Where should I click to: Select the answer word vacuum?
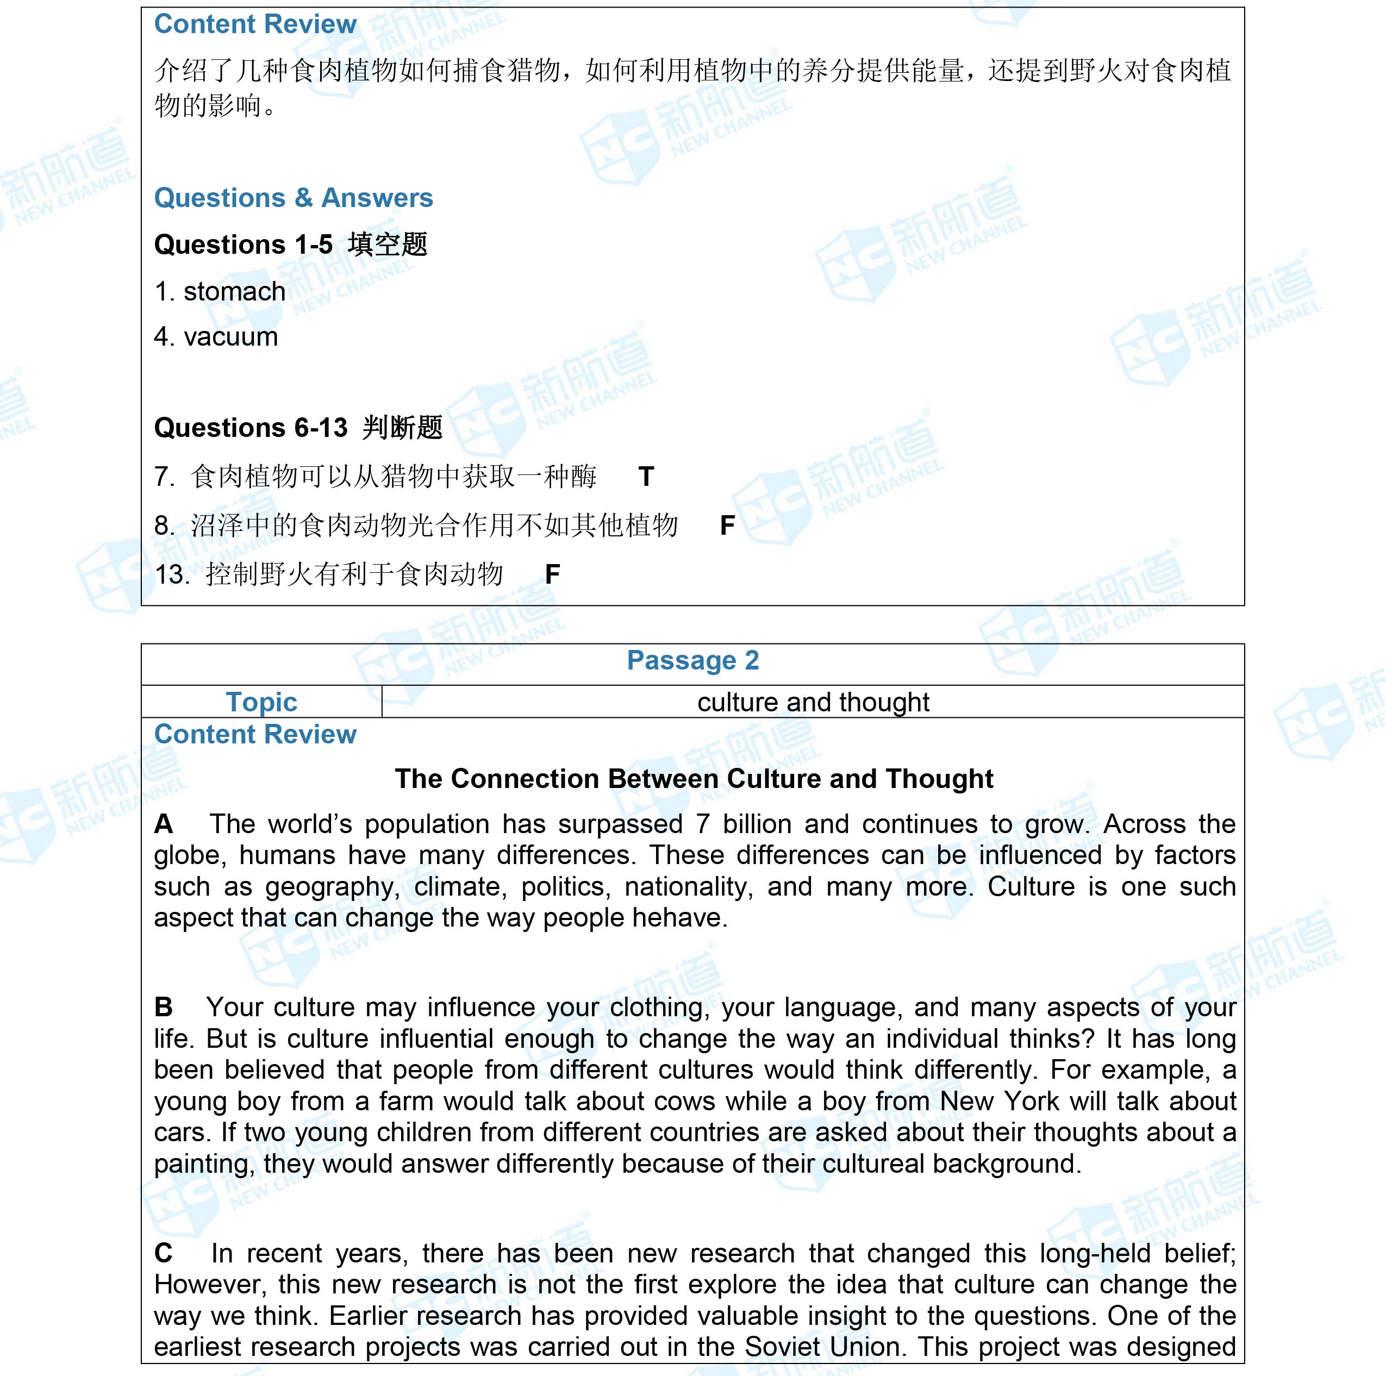click(230, 336)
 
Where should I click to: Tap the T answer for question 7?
click(646, 477)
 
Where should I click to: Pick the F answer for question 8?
click(727, 525)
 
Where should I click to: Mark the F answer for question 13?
click(552, 574)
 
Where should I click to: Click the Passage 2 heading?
click(692, 660)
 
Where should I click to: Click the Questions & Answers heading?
click(294, 197)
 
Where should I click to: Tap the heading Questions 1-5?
click(243, 244)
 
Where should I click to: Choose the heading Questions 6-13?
click(251, 428)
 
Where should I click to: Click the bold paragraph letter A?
click(164, 824)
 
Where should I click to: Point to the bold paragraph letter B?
click(164, 1006)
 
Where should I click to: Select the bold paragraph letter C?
click(164, 1253)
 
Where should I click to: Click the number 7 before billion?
click(702, 824)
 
